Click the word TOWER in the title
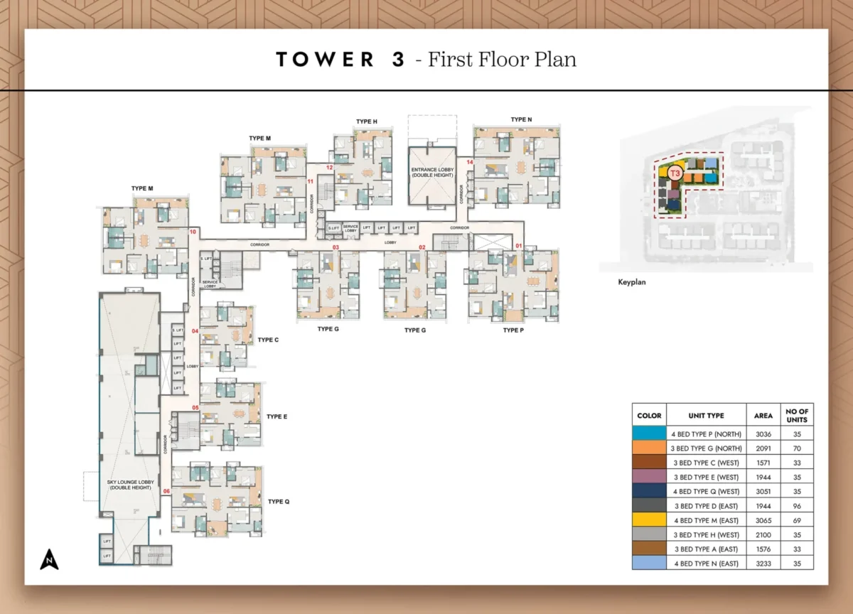(x=325, y=60)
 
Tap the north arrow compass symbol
(x=49, y=560)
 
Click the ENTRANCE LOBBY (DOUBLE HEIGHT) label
(x=431, y=171)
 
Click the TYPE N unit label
(x=521, y=119)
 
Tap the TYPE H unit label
(x=367, y=122)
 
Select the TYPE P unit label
(x=513, y=330)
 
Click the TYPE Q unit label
(x=279, y=502)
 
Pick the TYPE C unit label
(x=268, y=340)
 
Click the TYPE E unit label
(x=277, y=417)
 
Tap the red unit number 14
(x=470, y=163)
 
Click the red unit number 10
(x=193, y=232)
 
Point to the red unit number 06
(x=166, y=491)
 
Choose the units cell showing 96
(x=797, y=506)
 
